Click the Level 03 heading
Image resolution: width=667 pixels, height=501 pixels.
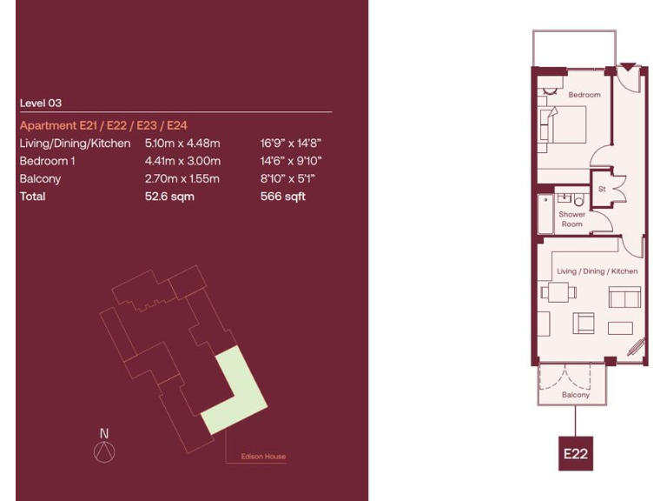coord(40,103)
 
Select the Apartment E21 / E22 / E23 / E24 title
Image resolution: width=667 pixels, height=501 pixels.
coord(110,125)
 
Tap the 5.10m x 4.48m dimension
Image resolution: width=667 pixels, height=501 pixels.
coord(182,143)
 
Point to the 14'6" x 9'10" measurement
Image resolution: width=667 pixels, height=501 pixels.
coord(291,161)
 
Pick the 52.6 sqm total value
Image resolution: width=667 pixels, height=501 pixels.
coord(169,197)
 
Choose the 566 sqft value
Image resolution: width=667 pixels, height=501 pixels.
coord(283,197)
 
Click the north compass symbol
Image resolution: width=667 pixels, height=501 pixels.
coord(104,449)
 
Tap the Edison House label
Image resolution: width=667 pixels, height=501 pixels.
coord(263,457)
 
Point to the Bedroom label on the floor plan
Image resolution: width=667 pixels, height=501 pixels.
coord(584,94)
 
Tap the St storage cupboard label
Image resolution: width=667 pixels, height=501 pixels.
coord(600,189)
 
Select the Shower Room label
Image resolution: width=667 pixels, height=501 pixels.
coord(571,219)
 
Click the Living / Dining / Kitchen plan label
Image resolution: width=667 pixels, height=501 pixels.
coord(597,271)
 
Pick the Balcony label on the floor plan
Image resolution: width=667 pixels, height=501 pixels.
coord(575,395)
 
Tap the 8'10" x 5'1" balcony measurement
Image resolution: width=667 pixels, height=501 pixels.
coord(287,179)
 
